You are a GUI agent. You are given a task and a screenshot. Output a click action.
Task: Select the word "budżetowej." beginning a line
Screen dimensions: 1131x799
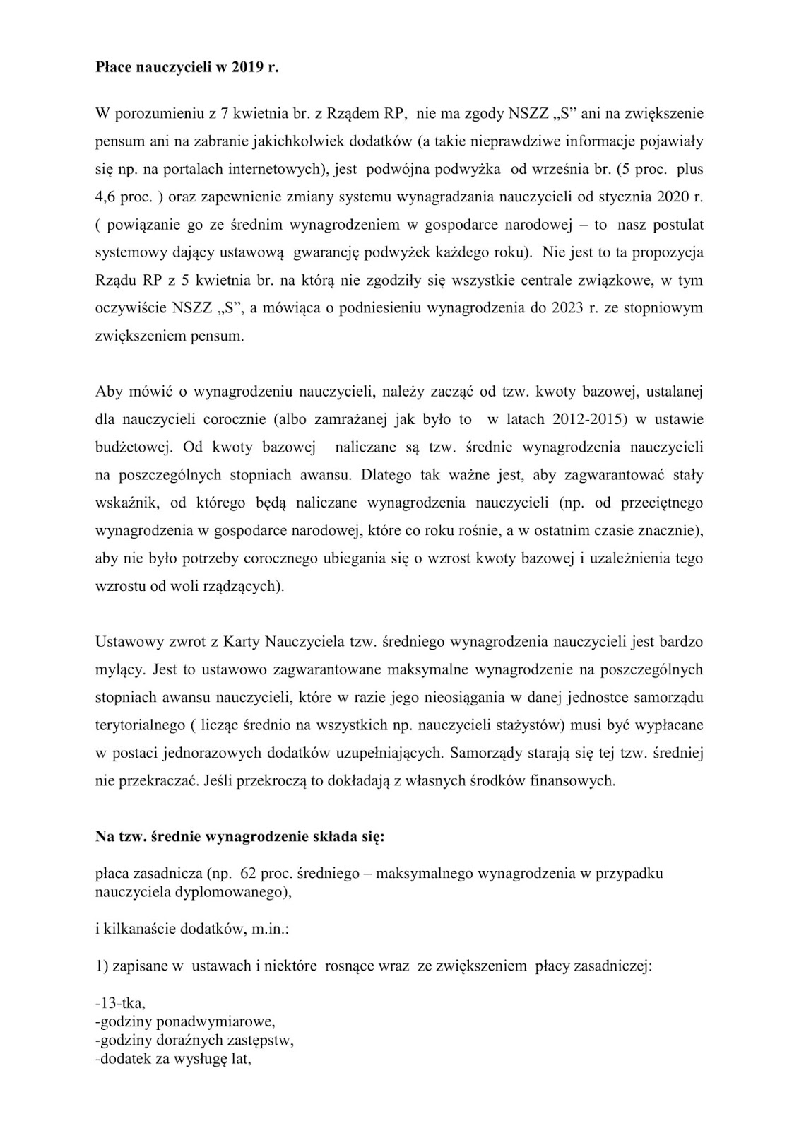pyautogui.click(x=136, y=447)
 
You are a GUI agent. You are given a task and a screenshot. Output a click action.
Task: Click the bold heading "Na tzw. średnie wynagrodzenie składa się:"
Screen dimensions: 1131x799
pyautogui.click(x=240, y=838)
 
